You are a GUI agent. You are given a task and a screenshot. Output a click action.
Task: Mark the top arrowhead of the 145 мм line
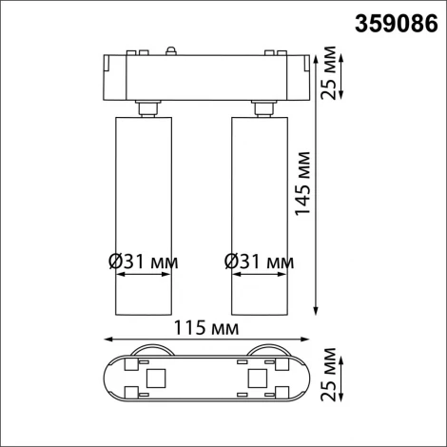pyautogui.click(x=316, y=49)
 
